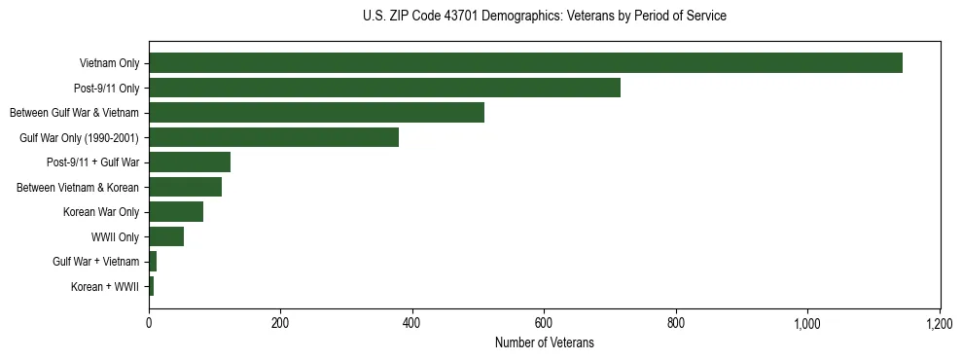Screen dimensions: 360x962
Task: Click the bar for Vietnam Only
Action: pyautogui.click(x=525, y=63)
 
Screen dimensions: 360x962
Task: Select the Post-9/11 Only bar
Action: pyautogui.click(x=384, y=88)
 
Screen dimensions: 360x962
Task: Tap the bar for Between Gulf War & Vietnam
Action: pyautogui.click(x=316, y=113)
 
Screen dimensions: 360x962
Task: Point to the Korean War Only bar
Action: pyautogui.click(x=176, y=211)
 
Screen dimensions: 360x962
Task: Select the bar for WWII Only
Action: pyautogui.click(x=166, y=236)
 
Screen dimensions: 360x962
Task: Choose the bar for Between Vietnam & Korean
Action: pyautogui.click(x=185, y=187)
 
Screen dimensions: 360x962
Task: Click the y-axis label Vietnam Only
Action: pyautogui.click(x=109, y=63)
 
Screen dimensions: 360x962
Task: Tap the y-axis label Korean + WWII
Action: pyautogui.click(x=105, y=286)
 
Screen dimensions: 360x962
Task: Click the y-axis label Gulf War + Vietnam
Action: pyautogui.click(x=96, y=262)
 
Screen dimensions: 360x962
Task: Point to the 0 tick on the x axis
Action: pyautogui.click(x=149, y=322)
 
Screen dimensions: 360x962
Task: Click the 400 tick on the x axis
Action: pyautogui.click(x=412, y=322)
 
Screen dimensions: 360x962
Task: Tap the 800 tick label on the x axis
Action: pyautogui.click(x=676, y=322)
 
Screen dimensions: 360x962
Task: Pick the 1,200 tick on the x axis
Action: pyautogui.click(x=940, y=322)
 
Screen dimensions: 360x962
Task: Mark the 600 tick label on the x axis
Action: pyautogui.click(x=544, y=322)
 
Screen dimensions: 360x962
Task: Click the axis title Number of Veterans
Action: pyautogui.click(x=544, y=342)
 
